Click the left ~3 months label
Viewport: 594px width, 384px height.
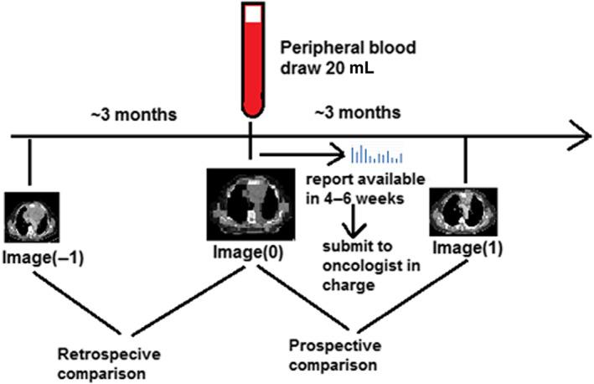(135, 115)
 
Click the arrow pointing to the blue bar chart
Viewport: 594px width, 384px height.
(302, 154)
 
